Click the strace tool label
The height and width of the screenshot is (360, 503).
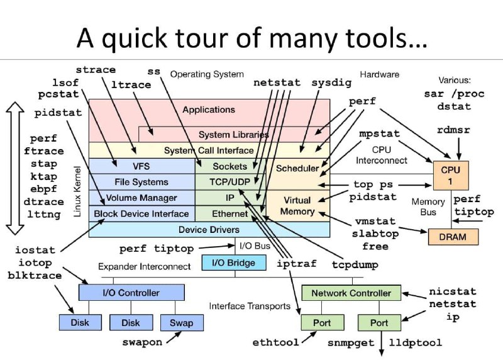pos(96,70)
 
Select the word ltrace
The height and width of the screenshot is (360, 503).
pos(131,84)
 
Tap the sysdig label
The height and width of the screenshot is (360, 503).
pos(331,83)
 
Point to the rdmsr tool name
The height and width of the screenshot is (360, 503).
pos(453,130)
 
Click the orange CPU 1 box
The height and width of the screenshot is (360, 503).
pos(451,176)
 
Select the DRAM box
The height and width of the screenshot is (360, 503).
pos(453,237)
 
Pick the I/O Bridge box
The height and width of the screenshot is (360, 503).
pos(233,262)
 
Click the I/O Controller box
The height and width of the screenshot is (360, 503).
pos(131,293)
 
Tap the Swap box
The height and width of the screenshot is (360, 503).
pos(182,323)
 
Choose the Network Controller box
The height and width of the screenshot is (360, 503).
pos(351,293)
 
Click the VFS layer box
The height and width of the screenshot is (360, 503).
pos(141,166)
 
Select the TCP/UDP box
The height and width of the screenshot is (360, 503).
pos(230,182)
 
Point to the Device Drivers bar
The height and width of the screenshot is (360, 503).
pos(209,230)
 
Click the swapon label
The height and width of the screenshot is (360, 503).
pos(142,342)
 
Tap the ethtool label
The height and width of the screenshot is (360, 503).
pos(275,342)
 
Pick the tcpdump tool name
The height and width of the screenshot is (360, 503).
pos(355,264)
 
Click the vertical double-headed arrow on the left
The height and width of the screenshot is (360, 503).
pos(14,168)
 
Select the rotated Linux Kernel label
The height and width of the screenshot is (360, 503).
pos(77,191)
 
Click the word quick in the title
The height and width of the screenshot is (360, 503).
pos(135,38)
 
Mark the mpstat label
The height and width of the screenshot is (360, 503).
pos(380,133)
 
